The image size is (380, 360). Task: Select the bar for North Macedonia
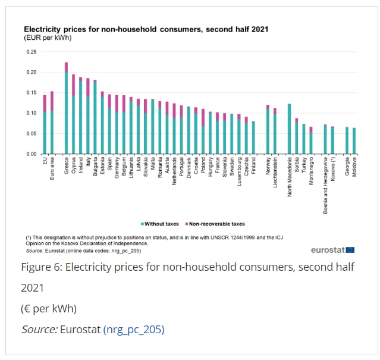pos(289,129)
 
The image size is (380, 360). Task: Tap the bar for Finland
pos(253,137)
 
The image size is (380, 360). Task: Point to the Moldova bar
pos(354,140)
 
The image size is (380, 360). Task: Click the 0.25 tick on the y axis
pos(32,52)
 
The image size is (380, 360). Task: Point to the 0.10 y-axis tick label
pos(32,113)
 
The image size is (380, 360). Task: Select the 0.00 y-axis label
pos(32,154)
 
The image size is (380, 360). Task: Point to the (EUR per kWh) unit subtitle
pos(44,37)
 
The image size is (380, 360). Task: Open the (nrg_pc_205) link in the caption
pos(134,328)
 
